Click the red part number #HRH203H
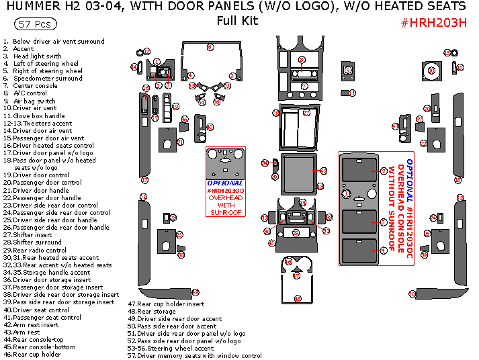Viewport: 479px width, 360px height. tap(433, 21)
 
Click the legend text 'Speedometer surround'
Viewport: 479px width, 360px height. tap(48, 79)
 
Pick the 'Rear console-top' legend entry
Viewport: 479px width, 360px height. tap(39, 340)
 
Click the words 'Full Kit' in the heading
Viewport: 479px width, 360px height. tap(237, 21)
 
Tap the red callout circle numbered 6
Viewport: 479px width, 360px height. tap(210, 47)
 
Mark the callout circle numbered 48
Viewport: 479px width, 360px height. tap(298, 298)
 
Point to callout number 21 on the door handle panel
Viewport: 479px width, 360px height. tap(180, 142)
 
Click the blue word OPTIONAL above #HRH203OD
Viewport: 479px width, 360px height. tap(225, 183)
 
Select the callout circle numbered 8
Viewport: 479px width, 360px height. tap(302, 60)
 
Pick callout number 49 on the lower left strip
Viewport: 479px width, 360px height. tap(195, 292)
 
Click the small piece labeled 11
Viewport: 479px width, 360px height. tap(352, 93)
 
